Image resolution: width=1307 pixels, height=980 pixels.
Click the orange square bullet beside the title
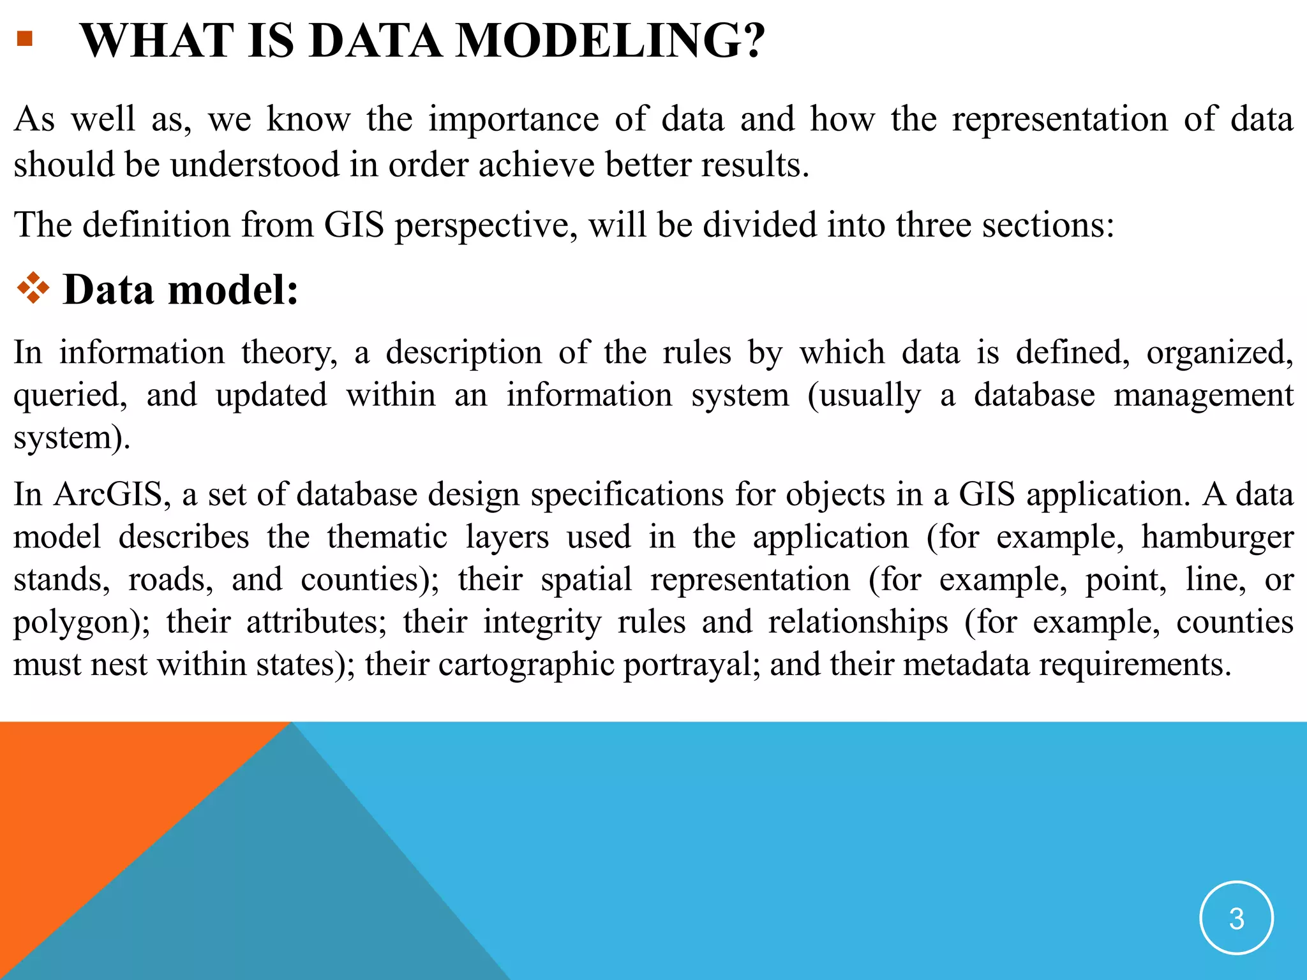[x=24, y=39]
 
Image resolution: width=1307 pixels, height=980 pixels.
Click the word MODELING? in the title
[x=610, y=41]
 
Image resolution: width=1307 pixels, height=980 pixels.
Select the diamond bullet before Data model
[x=33, y=288]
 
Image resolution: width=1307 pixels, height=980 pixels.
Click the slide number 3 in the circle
[x=1236, y=918]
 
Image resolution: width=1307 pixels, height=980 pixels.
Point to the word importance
[x=513, y=119]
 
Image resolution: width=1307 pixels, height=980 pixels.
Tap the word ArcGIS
[x=112, y=494]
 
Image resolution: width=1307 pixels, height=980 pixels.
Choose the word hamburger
[x=1217, y=537]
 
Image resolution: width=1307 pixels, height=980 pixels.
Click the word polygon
[x=77, y=623]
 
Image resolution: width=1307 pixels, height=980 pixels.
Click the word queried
[x=70, y=396]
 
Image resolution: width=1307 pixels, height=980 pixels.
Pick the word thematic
[x=387, y=537]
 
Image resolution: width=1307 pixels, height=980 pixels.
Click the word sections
[x=1047, y=225]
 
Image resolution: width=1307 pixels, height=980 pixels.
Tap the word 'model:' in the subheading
[x=232, y=290]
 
